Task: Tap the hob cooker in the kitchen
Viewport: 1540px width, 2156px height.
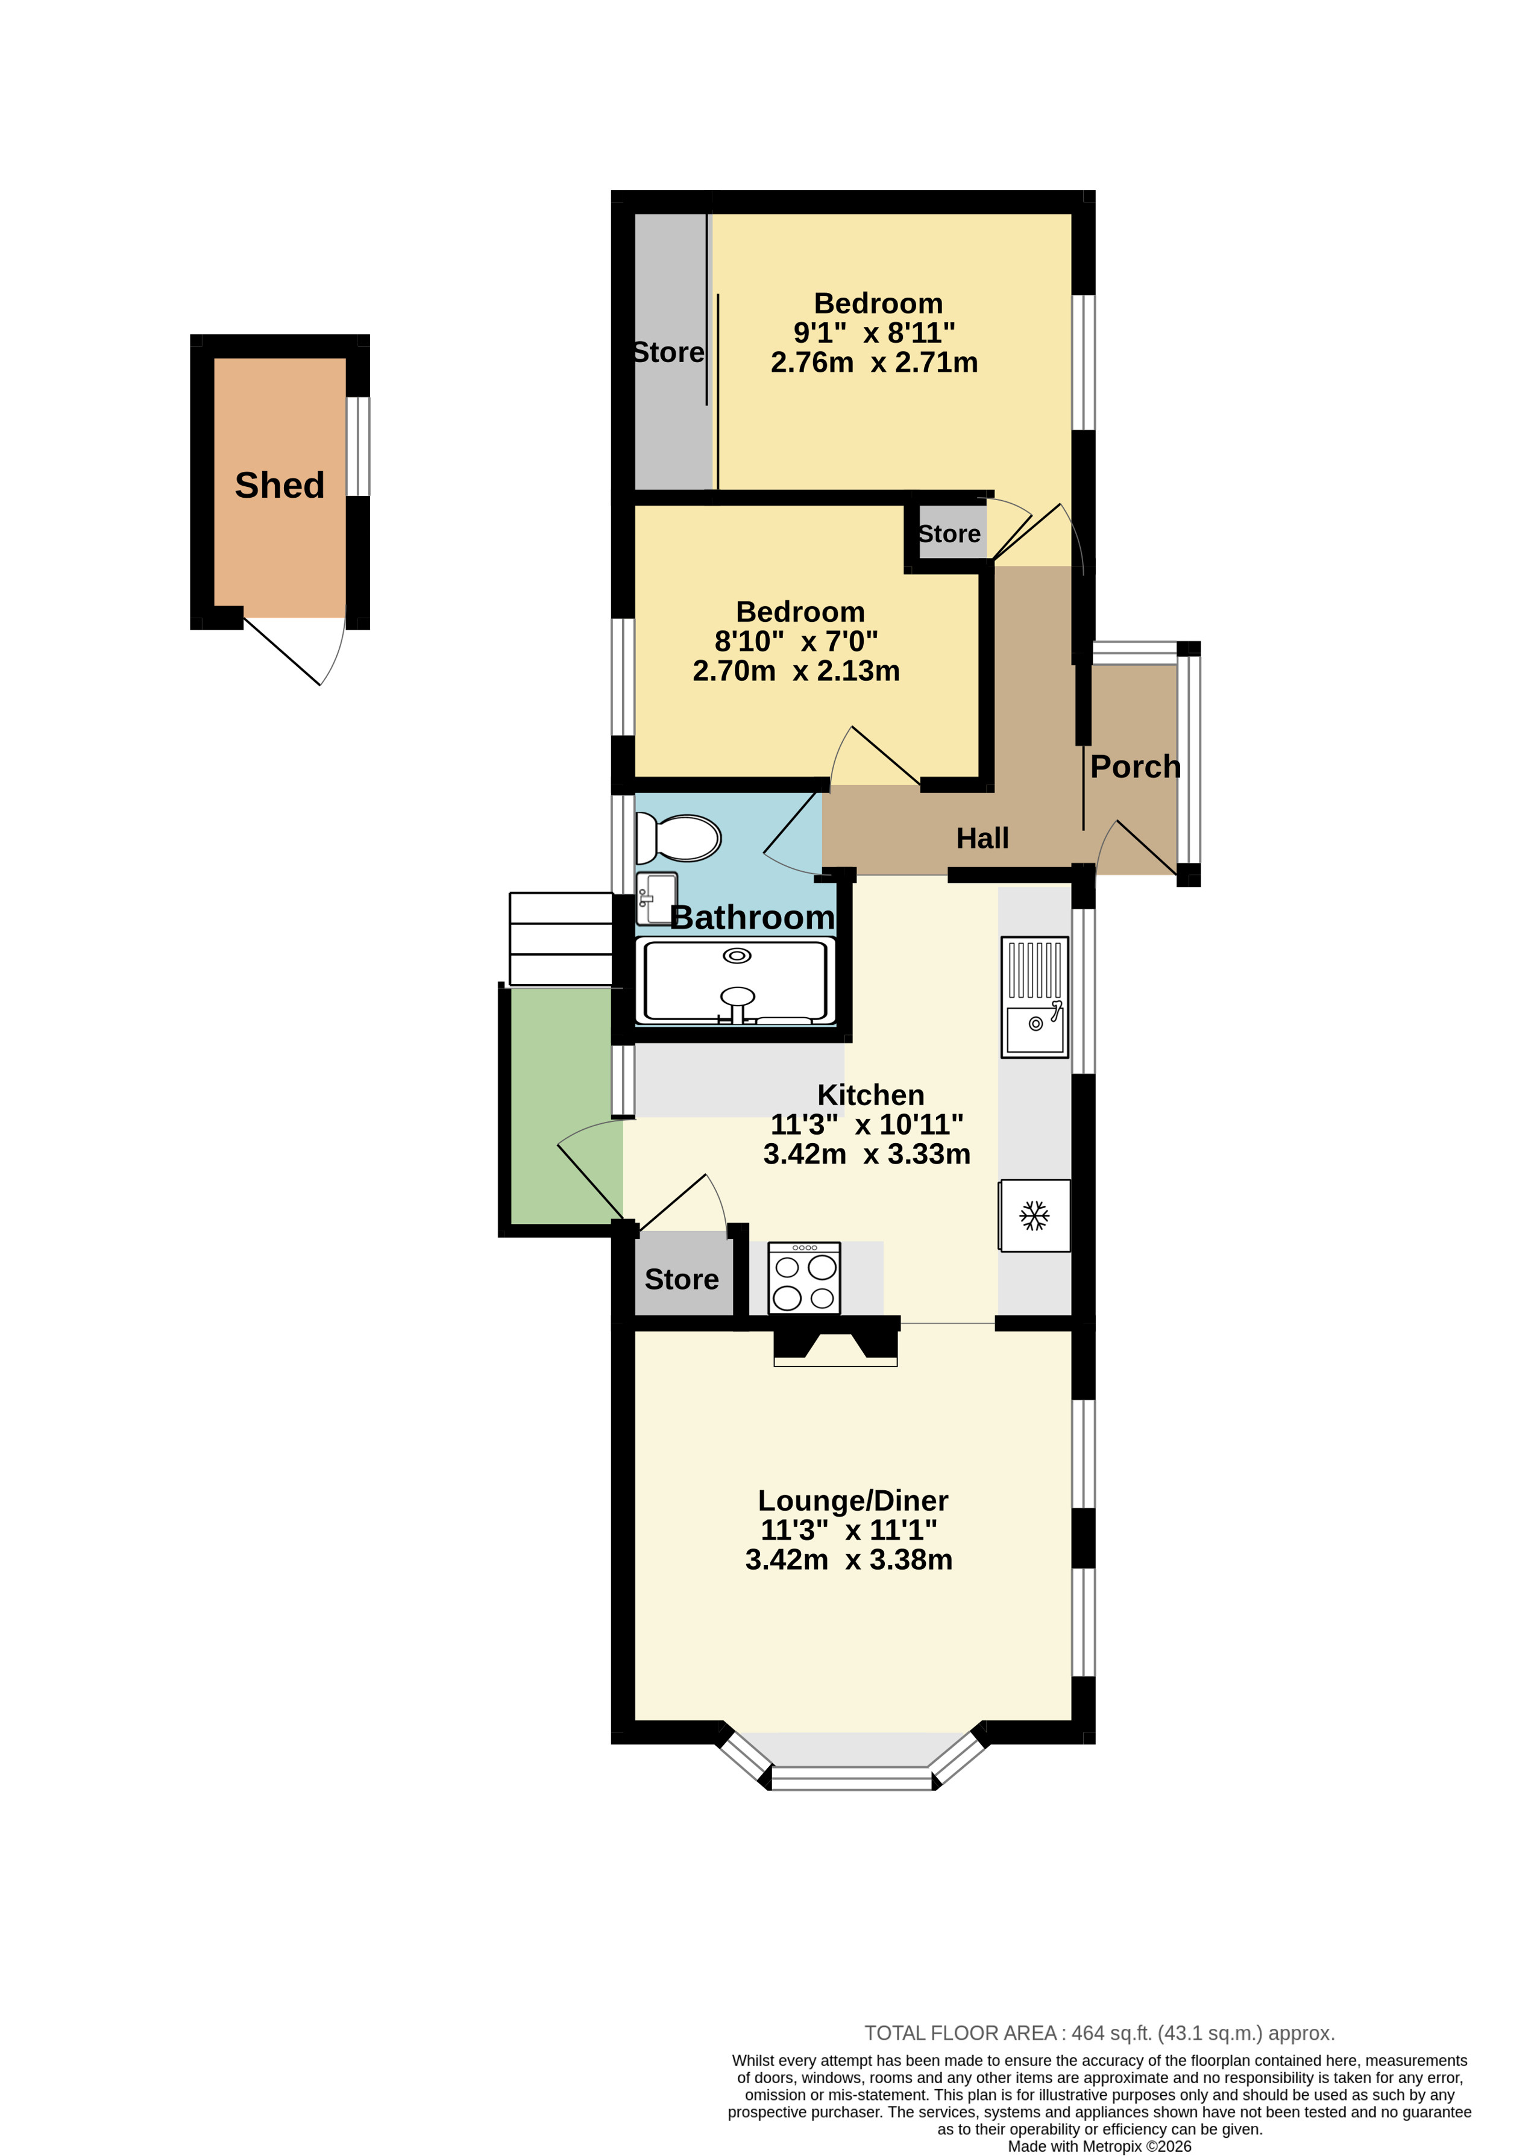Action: tap(804, 1278)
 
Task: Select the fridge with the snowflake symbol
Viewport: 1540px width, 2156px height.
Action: tap(1034, 1215)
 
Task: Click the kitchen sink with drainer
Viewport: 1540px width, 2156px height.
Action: tap(1034, 997)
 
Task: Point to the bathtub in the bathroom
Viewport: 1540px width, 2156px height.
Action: tap(736, 982)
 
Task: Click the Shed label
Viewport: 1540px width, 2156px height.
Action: tap(280, 486)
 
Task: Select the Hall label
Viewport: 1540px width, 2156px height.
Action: tap(982, 838)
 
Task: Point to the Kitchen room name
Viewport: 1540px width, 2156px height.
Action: tap(870, 1095)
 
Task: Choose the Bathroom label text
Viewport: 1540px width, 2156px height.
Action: tap(753, 918)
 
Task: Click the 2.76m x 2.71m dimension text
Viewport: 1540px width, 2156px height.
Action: tap(875, 362)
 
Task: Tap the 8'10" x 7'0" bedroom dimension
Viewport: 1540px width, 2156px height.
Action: tap(797, 641)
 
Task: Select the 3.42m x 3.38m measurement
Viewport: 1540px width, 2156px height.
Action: tap(849, 1559)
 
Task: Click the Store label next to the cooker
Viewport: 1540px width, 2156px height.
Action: tap(682, 1279)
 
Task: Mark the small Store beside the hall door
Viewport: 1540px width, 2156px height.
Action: tap(949, 534)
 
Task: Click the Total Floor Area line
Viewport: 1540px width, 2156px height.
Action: tap(1099, 2032)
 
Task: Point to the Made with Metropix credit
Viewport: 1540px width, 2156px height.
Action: tap(1099, 2146)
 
